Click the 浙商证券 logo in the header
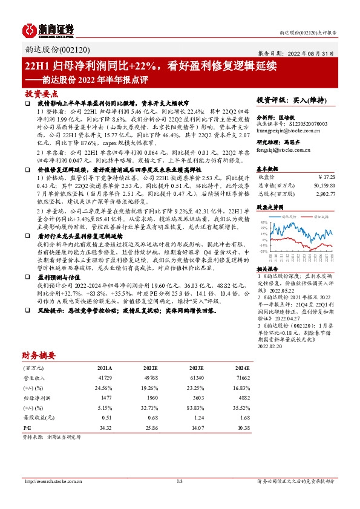(48, 28)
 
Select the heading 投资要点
(41, 94)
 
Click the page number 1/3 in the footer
(179, 482)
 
